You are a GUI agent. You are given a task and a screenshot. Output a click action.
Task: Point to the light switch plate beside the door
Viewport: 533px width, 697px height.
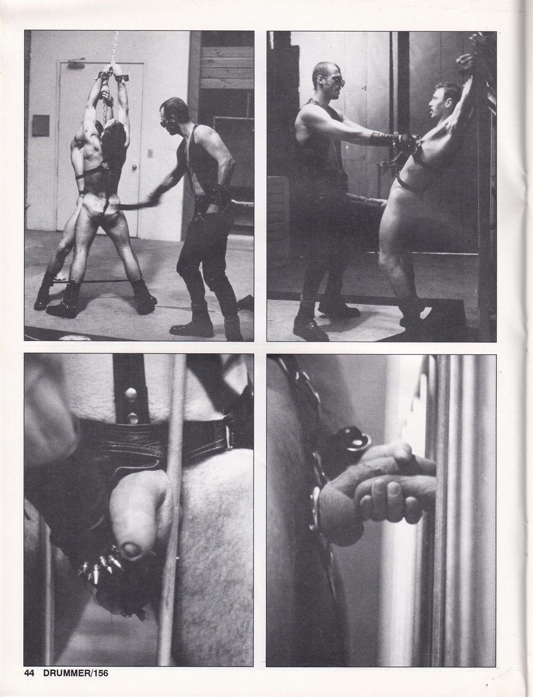click(x=150, y=153)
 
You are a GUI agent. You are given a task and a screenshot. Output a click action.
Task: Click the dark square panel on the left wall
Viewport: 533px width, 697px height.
click(x=41, y=126)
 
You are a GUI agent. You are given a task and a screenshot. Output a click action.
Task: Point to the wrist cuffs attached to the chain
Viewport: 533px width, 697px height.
click(x=110, y=77)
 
